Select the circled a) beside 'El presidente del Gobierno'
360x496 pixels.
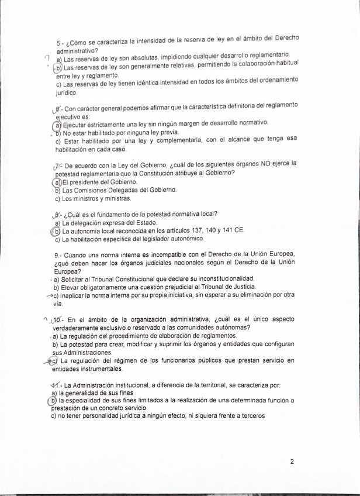click(x=58, y=182)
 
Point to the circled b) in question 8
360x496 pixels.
click(x=57, y=231)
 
